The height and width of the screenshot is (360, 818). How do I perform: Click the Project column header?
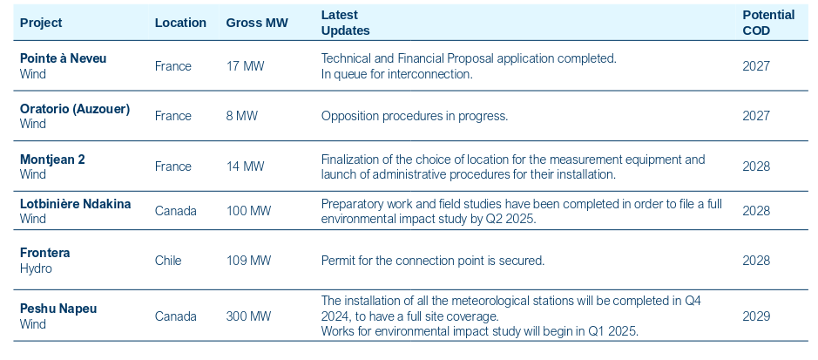(x=41, y=23)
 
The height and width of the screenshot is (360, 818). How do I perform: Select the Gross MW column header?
(x=256, y=23)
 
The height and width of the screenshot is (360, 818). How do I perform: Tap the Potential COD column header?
(x=767, y=23)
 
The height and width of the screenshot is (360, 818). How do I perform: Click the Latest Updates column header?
(x=345, y=23)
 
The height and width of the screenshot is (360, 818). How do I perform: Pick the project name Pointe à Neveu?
(x=64, y=58)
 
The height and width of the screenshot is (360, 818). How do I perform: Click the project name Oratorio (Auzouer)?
(x=75, y=109)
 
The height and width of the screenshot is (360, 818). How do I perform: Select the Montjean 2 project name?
(x=52, y=160)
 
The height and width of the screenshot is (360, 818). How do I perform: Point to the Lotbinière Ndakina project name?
(x=75, y=204)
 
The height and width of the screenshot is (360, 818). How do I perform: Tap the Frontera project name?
(x=44, y=253)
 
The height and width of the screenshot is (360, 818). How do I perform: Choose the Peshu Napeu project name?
(x=58, y=309)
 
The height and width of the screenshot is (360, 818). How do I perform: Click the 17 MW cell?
(x=245, y=66)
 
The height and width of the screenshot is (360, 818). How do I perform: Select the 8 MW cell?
(x=241, y=116)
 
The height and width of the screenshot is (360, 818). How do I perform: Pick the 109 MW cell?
(x=248, y=261)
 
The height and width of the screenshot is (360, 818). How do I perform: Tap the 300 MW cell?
(x=248, y=316)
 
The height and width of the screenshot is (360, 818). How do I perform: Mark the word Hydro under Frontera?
(x=36, y=268)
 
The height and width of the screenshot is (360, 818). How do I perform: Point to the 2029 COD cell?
(x=756, y=316)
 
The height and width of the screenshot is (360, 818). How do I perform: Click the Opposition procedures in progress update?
(x=414, y=116)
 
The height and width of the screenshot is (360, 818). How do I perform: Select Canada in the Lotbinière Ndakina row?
(x=175, y=211)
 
